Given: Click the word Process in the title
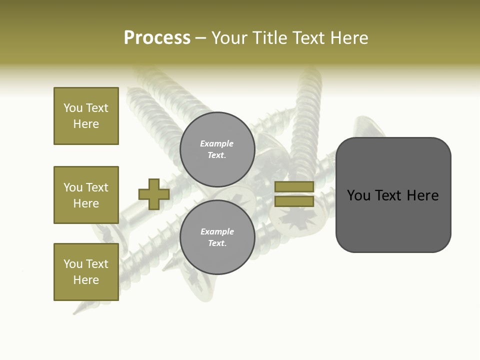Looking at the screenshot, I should [x=157, y=38].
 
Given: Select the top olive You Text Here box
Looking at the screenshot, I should [x=86, y=116].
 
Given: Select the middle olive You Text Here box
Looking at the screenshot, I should [x=86, y=195].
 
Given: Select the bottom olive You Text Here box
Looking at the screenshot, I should [x=86, y=272].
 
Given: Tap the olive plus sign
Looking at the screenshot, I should [x=154, y=194].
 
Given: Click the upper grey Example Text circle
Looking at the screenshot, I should [x=217, y=149].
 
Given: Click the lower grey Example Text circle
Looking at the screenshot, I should [x=217, y=237].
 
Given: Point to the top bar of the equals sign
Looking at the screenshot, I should [x=294, y=186].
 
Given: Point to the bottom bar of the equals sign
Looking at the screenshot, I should [x=294, y=201].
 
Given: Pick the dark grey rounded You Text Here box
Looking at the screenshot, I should [x=393, y=194].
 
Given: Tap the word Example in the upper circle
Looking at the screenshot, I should [x=217, y=143].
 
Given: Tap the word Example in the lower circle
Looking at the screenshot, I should [x=217, y=231].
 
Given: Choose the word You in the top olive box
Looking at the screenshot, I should [x=73, y=108].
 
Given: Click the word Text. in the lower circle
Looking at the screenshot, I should [x=217, y=243].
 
